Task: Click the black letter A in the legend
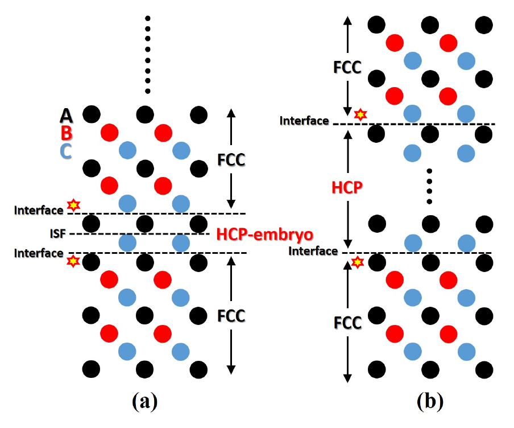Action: pos(67,116)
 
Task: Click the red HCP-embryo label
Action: pos(265,234)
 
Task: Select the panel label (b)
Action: pos(429,402)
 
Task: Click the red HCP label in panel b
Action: pos(348,187)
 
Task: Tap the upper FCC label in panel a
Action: pos(231,160)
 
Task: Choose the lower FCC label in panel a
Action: pos(231,315)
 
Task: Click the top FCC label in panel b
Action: pos(348,67)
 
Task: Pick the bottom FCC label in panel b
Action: pos(348,323)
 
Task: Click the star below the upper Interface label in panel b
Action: pos(359,114)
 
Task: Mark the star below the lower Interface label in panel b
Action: pos(357,262)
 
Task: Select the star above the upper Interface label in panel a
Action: pos(73,204)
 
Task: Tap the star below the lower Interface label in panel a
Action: pos(73,261)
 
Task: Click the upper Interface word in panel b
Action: pos(304,121)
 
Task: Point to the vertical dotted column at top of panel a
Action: pos(147,55)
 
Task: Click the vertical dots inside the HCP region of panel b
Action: pos(430,186)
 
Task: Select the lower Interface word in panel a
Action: pos(39,253)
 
